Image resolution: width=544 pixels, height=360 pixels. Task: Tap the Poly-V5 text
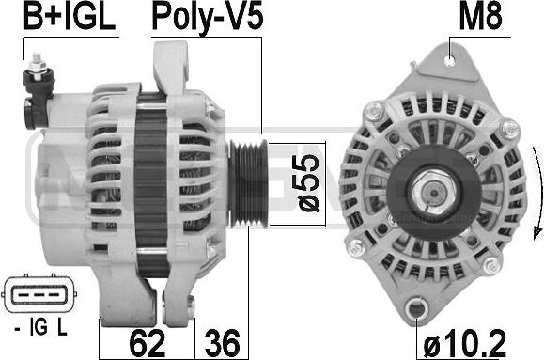point(206,17)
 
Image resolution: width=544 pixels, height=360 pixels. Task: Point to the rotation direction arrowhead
point(529,235)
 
